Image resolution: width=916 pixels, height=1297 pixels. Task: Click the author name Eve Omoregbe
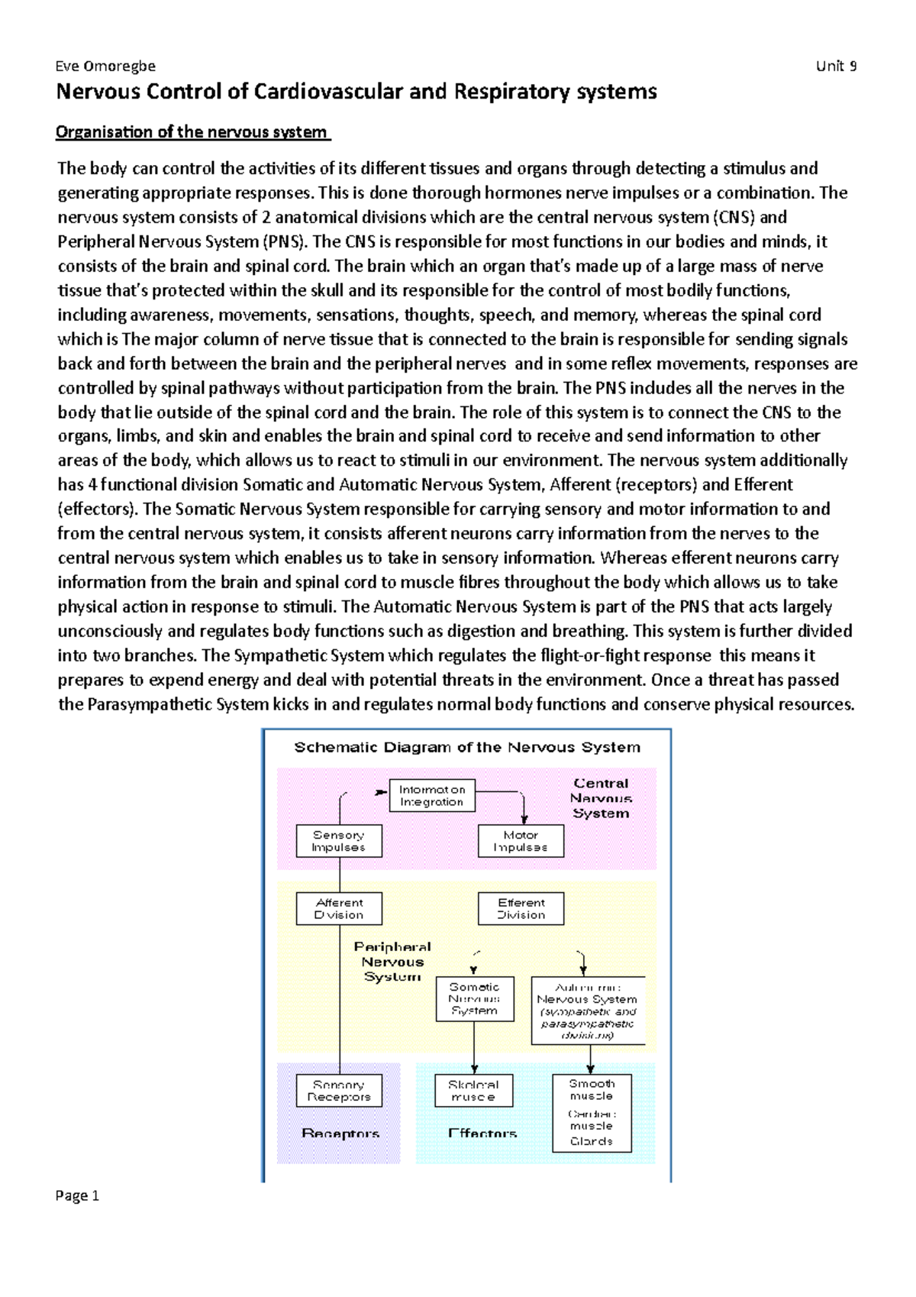click(105, 66)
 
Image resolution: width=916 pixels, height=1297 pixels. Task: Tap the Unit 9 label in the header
click(836, 66)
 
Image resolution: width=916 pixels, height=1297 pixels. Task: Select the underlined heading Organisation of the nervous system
click(192, 132)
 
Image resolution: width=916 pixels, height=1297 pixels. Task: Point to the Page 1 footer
click(77, 1195)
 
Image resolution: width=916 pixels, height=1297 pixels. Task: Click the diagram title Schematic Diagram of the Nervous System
click(467, 747)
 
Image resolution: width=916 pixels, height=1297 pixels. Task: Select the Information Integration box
click(432, 795)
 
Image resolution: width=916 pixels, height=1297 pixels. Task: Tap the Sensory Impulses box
click(339, 841)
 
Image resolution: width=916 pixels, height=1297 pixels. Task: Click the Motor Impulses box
click(521, 841)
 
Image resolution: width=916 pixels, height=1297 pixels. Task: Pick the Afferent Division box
click(339, 908)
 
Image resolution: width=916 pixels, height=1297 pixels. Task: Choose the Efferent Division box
click(521, 908)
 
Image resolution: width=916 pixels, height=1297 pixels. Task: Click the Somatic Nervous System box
click(474, 998)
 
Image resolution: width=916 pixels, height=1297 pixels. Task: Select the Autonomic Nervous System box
click(587, 1011)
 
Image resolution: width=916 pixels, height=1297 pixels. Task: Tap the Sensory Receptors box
click(339, 1090)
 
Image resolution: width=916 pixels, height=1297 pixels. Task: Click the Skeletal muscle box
click(474, 1090)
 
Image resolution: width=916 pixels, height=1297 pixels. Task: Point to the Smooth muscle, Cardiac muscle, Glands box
click(592, 1112)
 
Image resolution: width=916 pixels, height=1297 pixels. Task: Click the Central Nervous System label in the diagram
click(602, 798)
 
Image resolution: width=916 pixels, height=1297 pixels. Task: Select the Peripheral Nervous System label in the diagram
click(392, 962)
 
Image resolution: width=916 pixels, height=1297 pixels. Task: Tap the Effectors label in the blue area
click(482, 1134)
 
